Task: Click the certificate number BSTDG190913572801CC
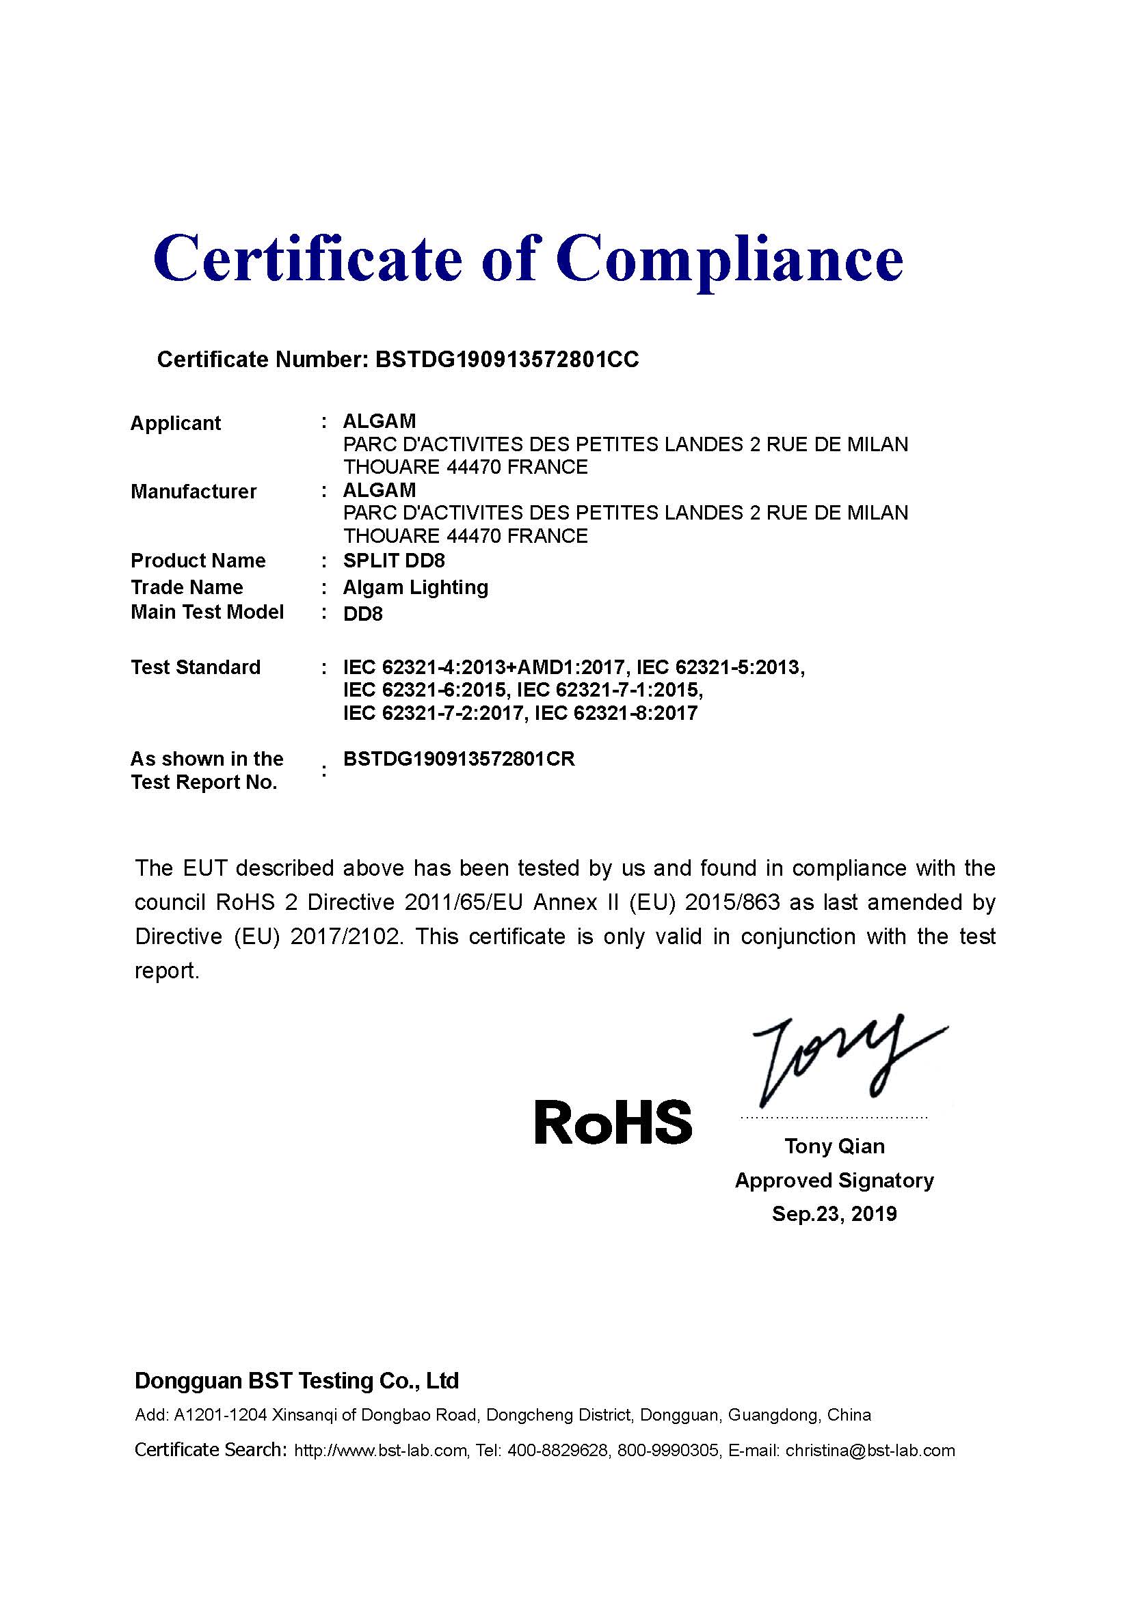506,360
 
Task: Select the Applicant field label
176,423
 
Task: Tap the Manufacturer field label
194,492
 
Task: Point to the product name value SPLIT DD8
393,561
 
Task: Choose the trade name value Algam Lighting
415,587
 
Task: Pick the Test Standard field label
196,667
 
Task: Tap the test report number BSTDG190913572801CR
459,759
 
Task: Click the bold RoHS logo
613,1123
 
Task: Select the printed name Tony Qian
834,1146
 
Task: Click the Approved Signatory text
834,1181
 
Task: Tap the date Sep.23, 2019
834,1214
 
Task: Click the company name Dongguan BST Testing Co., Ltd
297,1381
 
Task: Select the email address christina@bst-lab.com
870,1451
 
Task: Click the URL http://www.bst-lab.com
380,1451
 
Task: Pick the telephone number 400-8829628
557,1451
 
